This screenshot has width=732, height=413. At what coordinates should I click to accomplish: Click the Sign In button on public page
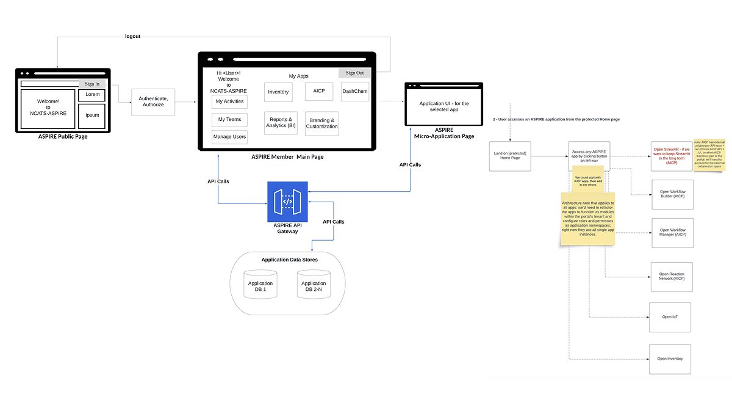click(92, 84)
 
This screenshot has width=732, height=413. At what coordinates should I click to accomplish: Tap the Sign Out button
click(354, 73)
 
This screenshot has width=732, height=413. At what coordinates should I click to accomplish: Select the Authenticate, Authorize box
click(153, 101)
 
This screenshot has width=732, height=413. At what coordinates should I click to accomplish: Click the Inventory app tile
click(278, 92)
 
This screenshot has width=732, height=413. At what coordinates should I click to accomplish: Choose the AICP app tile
click(318, 90)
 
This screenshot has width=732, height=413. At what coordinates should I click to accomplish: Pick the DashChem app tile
click(354, 91)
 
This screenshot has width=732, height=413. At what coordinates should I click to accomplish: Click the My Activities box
click(229, 101)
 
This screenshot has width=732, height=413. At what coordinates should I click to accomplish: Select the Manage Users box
click(229, 137)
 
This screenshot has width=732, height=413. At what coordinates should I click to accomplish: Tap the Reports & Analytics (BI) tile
click(281, 123)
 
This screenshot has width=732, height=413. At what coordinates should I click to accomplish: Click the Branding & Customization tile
click(321, 123)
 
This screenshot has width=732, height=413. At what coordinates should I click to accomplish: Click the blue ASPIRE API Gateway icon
click(287, 202)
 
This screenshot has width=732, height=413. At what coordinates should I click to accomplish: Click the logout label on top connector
click(132, 37)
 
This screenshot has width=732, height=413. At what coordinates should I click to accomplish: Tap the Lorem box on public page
click(92, 95)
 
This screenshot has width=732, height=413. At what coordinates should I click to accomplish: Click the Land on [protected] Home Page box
click(510, 156)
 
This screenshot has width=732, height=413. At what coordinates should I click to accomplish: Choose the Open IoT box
click(670, 317)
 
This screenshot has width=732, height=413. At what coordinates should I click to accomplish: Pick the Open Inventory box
click(670, 359)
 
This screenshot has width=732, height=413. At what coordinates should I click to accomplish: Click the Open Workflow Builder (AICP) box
click(673, 194)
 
